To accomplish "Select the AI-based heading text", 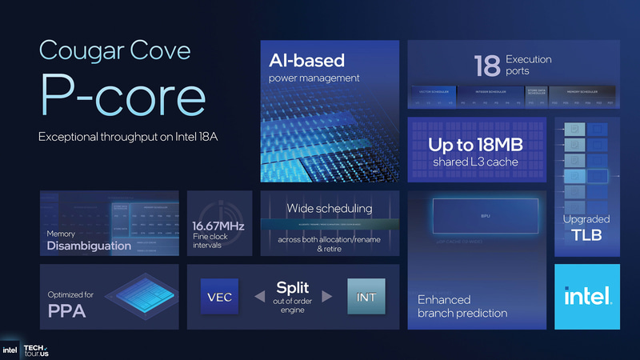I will (x=307, y=61).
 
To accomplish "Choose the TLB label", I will (x=587, y=235).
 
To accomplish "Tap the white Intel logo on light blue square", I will (x=587, y=297).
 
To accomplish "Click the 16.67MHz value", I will (x=219, y=226).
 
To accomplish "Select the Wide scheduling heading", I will (x=330, y=209).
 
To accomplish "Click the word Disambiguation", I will (x=88, y=246).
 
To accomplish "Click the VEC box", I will (x=221, y=297).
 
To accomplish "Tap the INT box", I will (x=367, y=297).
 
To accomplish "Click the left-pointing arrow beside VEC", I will (x=258, y=297).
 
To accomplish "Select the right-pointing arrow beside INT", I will (x=326, y=297).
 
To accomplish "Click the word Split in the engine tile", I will (x=293, y=287).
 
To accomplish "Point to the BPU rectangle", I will (x=485, y=216).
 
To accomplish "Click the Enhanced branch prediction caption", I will (x=462, y=306).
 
